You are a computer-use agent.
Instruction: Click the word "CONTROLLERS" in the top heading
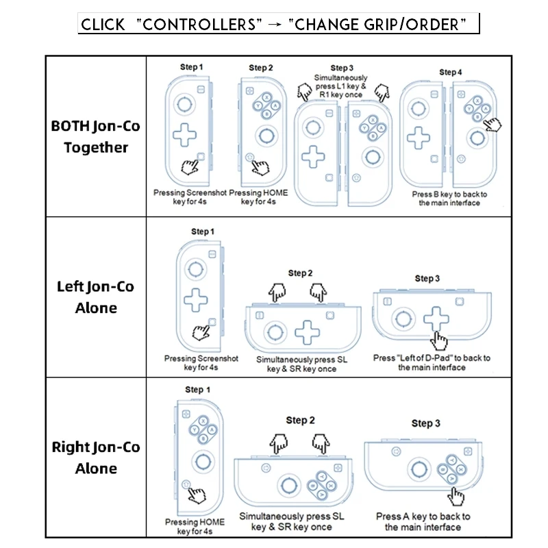200,25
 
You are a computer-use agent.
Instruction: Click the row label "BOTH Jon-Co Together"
96,137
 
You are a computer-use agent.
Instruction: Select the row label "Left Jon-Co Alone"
96,297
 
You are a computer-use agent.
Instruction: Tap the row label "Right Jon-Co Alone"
96,458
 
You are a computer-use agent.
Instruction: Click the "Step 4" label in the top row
450,72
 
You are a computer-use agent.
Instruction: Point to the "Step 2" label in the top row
261,68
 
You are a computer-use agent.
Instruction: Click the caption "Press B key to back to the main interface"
449,199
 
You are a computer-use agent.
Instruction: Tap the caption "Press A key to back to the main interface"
423,521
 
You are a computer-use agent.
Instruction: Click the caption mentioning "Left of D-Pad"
432,362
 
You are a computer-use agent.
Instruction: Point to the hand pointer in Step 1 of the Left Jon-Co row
202,333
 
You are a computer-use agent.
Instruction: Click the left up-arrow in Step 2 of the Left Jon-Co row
277,292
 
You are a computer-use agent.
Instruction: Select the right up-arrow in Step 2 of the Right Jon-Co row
321,443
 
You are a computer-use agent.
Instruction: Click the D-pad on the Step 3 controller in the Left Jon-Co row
436,318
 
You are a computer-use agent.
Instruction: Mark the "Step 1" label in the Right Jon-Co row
198,390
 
